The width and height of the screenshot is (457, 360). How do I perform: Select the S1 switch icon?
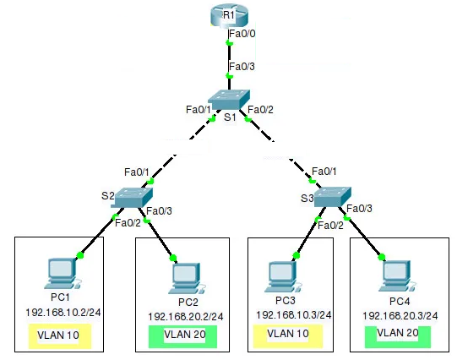(229, 100)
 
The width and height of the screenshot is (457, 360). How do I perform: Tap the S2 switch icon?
(132, 198)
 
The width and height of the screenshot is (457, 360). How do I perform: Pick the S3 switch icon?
(333, 197)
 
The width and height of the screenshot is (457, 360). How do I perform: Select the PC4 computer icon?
(397, 275)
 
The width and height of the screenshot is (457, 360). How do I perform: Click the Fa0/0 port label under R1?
(242, 34)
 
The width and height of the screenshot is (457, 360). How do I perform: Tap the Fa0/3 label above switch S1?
(242, 67)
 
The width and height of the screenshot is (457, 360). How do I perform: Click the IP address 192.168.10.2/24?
(63, 313)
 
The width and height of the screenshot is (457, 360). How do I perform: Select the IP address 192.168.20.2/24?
(186, 317)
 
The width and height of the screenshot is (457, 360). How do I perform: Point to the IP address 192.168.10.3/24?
(294, 315)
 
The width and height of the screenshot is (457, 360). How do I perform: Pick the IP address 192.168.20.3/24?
(400, 316)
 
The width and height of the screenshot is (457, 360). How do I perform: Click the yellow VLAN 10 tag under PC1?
(60, 335)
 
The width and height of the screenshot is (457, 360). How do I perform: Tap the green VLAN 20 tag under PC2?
(182, 336)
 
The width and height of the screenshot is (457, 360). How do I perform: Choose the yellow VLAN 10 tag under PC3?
(288, 336)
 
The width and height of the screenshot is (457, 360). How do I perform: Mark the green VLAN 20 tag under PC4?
(398, 336)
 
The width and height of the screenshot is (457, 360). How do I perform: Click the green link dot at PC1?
(80, 256)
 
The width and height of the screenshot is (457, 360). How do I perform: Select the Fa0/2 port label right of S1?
(260, 110)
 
